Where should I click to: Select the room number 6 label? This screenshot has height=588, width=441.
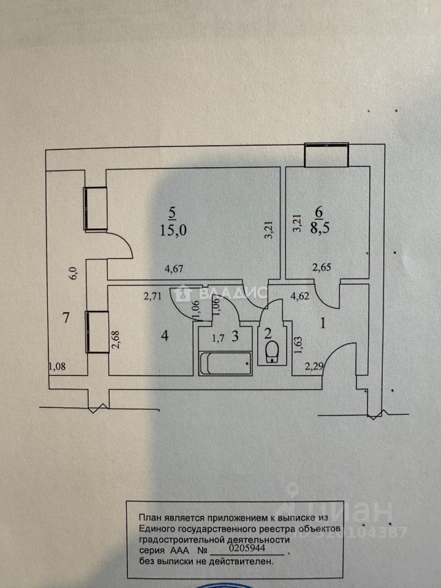click(318, 212)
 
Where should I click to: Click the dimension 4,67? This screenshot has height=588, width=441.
click(174, 267)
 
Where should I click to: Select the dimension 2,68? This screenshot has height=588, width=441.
click(115, 339)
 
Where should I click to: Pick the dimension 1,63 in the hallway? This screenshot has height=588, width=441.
click(298, 347)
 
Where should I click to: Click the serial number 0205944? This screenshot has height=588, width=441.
click(246, 550)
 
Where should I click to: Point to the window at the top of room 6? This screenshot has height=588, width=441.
click(327, 154)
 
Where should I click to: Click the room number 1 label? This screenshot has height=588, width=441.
click(325, 320)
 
